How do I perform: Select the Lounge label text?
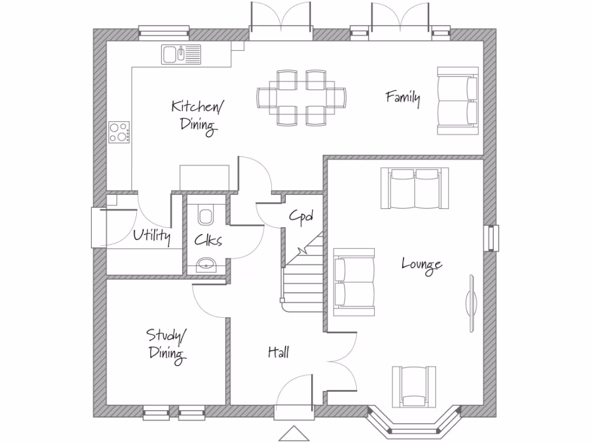422,265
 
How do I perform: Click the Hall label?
278,352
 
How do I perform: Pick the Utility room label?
152,235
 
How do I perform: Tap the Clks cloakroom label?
208,240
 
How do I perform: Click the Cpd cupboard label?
301,216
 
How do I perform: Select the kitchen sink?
181,54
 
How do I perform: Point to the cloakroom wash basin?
205,265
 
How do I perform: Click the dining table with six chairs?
301,97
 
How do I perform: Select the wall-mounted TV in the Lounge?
471,302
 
